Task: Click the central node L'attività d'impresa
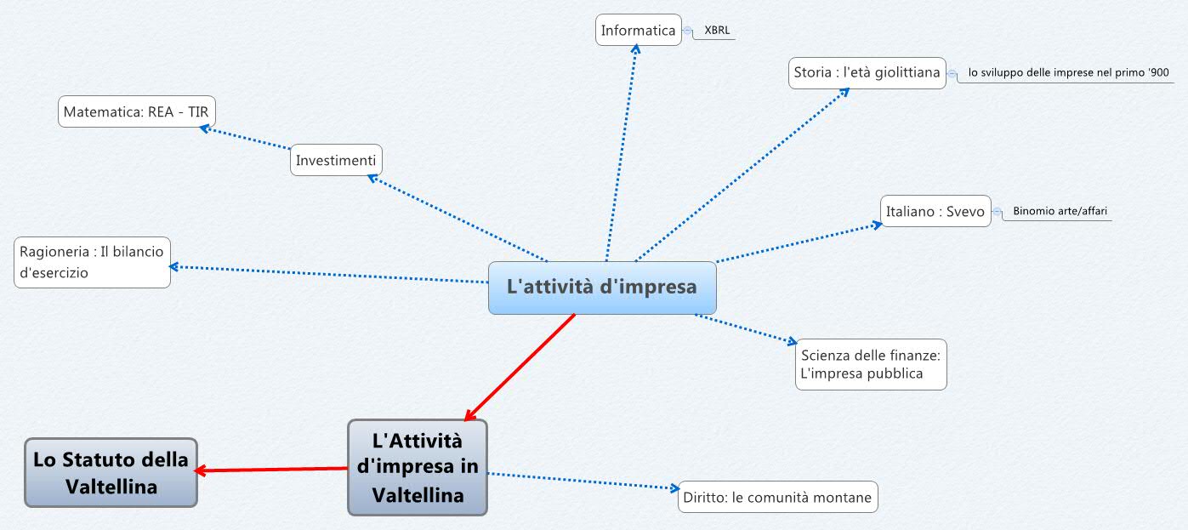(602, 288)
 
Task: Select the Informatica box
(638, 31)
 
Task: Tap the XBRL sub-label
(718, 31)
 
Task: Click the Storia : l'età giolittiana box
(867, 72)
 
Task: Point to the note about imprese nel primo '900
(1068, 73)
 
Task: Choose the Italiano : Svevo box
(935, 211)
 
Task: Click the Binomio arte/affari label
(1060, 211)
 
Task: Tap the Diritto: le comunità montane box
(777, 498)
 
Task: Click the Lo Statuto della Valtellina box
(111, 472)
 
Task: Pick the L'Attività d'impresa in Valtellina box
(418, 467)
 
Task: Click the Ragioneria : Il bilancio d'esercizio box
(92, 262)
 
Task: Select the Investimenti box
(336, 160)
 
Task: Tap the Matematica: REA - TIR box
(136, 111)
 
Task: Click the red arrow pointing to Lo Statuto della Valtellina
(272, 470)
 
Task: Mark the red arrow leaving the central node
(520, 367)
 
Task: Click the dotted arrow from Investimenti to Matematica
(247, 139)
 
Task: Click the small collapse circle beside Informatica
(687, 31)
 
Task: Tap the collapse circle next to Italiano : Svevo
(997, 211)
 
